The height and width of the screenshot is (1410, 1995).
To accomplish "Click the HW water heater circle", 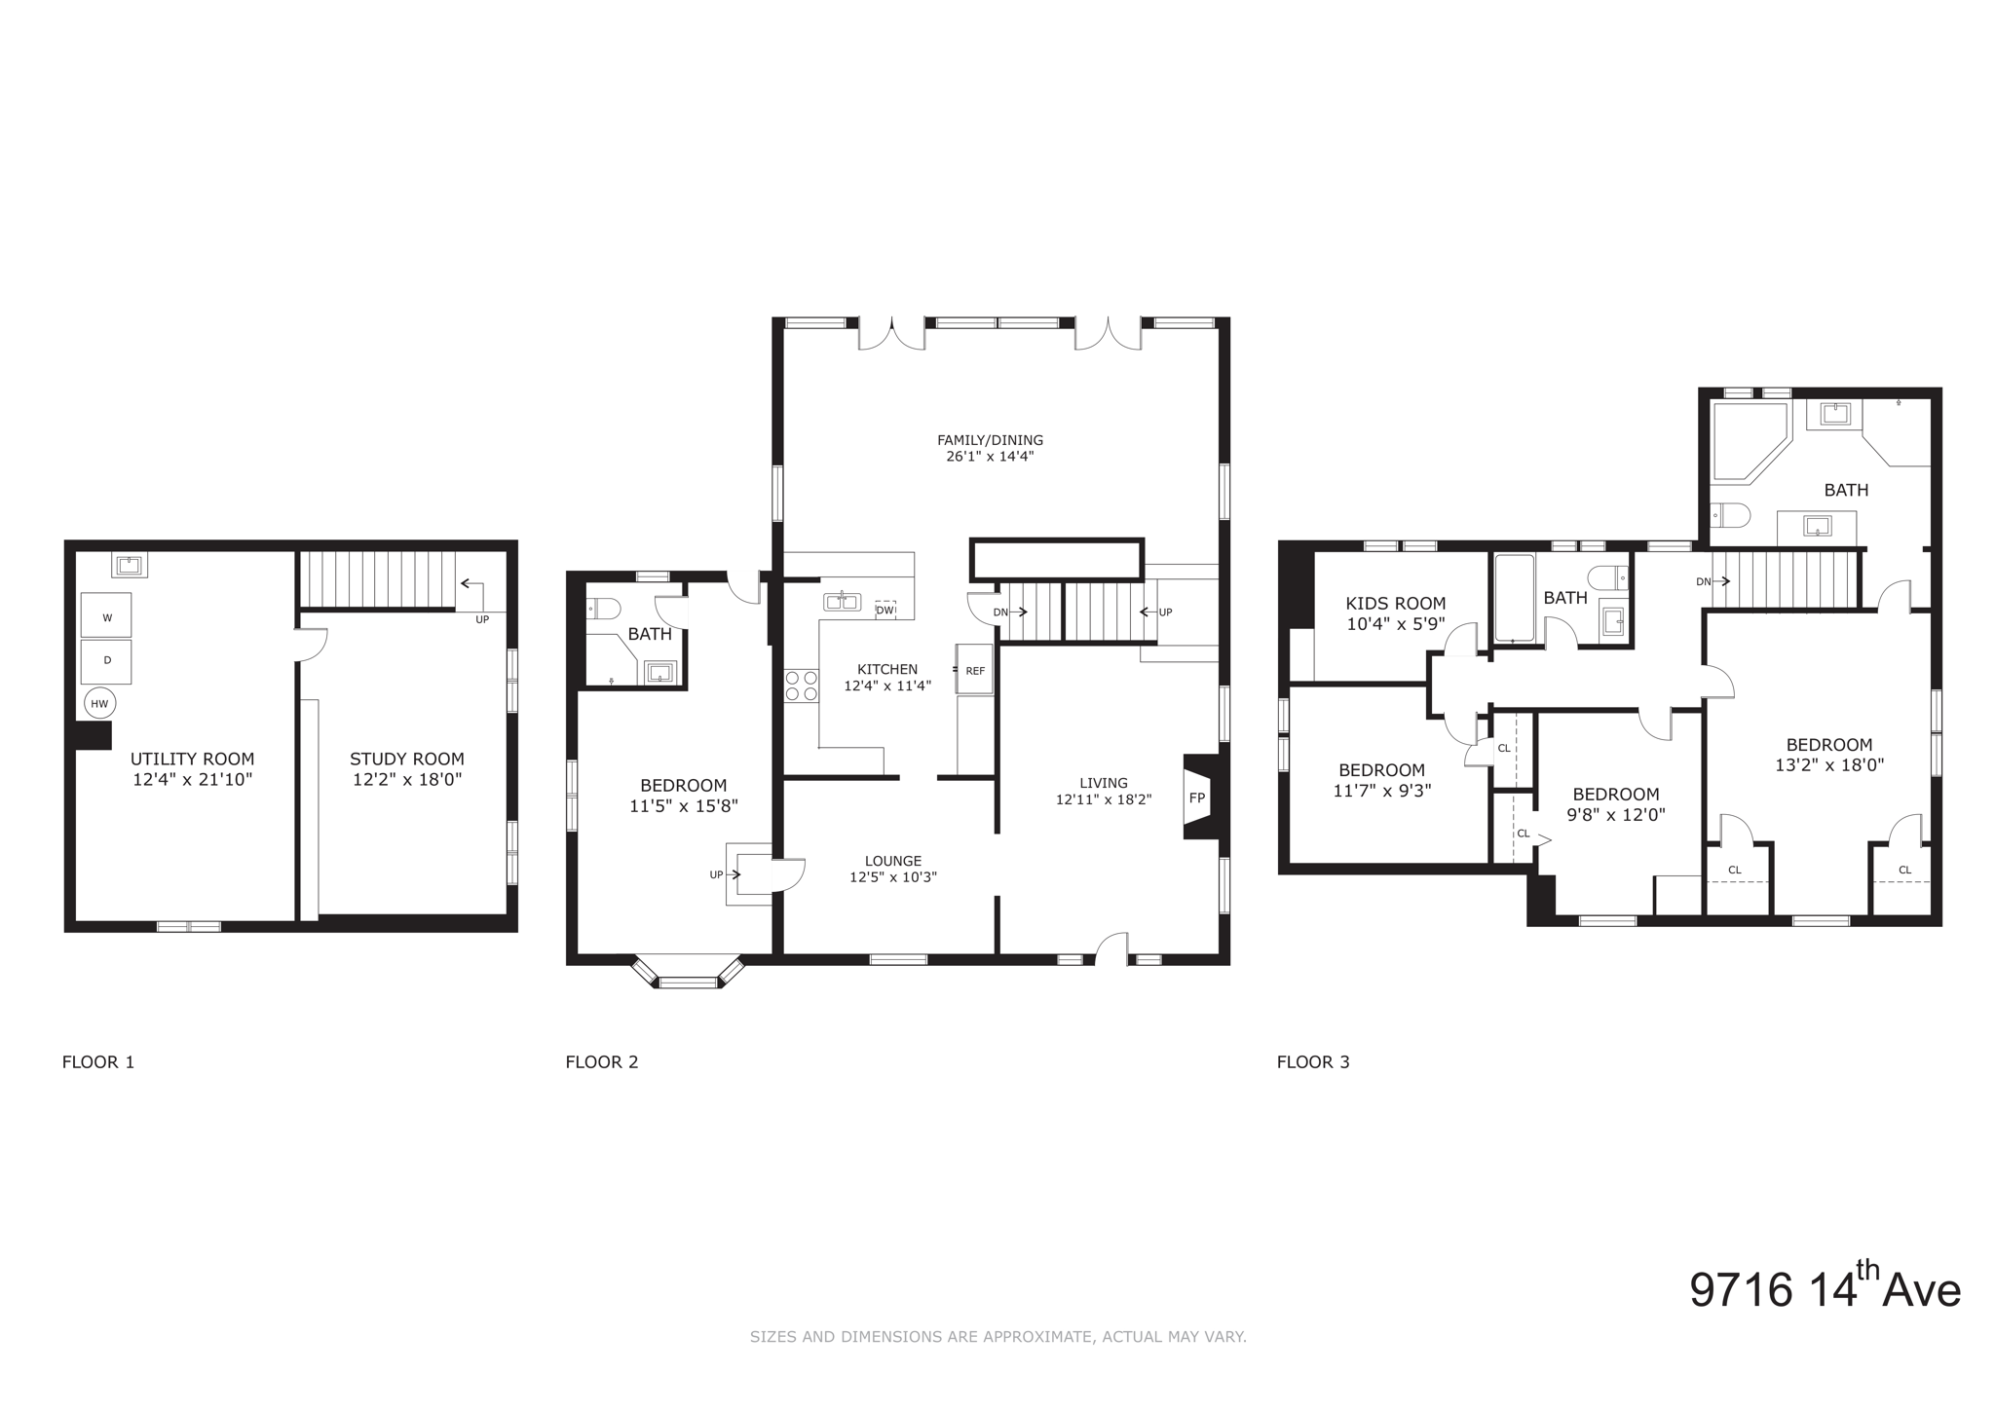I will pyautogui.click(x=99, y=703).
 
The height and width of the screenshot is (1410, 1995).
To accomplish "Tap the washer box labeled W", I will pyautogui.click(x=106, y=616).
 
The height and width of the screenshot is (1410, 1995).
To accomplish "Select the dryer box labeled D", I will pyautogui.click(x=106, y=660).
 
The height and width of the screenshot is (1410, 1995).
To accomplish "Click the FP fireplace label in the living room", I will pyautogui.click(x=1197, y=797).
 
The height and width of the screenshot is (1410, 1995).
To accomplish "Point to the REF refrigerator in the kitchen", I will pyautogui.click(x=975, y=670).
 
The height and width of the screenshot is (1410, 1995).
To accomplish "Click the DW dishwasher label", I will pyautogui.click(x=885, y=611).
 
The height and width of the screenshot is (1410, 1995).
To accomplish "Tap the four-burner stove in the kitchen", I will pyautogui.click(x=802, y=686).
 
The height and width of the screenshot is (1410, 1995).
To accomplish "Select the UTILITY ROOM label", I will pyautogui.click(x=192, y=759).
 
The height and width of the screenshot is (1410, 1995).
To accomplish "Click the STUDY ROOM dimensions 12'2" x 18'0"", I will pyautogui.click(x=406, y=780).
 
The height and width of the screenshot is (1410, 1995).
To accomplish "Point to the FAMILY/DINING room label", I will pyautogui.click(x=990, y=440).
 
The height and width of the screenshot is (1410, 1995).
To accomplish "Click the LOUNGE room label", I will pyautogui.click(x=892, y=861).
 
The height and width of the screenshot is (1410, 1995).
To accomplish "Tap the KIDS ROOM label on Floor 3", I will pyautogui.click(x=1395, y=604).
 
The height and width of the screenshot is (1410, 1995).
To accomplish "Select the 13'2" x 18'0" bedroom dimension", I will pyautogui.click(x=1828, y=766).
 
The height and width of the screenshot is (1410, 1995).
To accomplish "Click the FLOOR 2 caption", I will pyautogui.click(x=601, y=1062).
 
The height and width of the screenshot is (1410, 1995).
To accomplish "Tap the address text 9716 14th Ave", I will pyautogui.click(x=1824, y=1289).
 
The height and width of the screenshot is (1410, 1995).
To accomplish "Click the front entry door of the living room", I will pyautogui.click(x=1111, y=950).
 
